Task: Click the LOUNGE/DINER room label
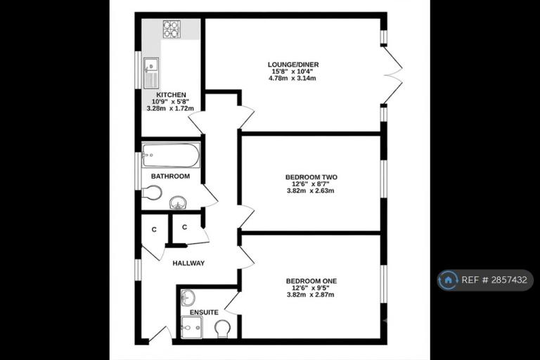[x=293, y=65]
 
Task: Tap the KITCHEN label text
[x=171, y=95]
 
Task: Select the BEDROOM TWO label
[x=311, y=177]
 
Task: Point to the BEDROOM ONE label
[x=311, y=281]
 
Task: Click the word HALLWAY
[x=188, y=263]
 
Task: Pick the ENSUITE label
[x=204, y=312]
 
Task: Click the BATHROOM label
[x=170, y=176]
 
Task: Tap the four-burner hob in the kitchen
[x=172, y=29]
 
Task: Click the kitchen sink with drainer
[x=151, y=73]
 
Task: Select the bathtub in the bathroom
[x=171, y=155]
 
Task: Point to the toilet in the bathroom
[x=152, y=193]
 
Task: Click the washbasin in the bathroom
[x=178, y=202]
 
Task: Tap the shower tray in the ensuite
[x=192, y=327]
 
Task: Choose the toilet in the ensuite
[x=222, y=328]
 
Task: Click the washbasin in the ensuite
[x=188, y=297]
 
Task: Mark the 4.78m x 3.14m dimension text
[x=292, y=78]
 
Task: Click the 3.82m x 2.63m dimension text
[x=310, y=191]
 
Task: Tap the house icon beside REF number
[x=448, y=280]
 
